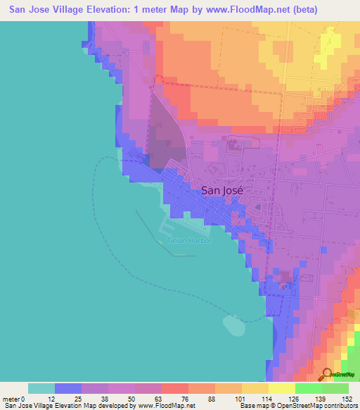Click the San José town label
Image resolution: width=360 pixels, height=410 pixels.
click(x=221, y=189)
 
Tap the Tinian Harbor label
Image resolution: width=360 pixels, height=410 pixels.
click(x=189, y=240)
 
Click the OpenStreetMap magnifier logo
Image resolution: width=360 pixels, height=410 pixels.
click(x=328, y=375)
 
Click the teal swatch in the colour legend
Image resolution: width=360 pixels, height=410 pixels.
click(x=41, y=388)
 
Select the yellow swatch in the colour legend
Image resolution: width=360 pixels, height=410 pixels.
click(x=255, y=388)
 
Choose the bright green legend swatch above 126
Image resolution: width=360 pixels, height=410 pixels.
click(x=308, y=388)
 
